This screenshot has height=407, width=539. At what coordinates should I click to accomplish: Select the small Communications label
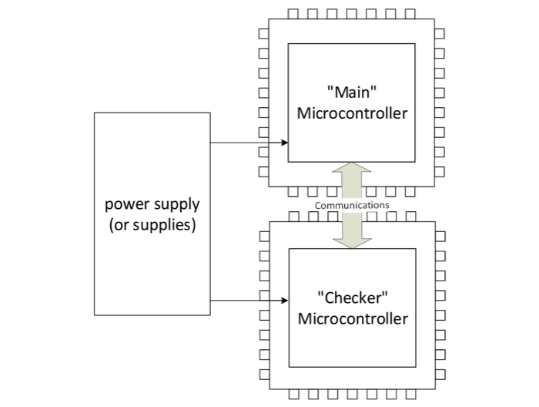(x=351, y=206)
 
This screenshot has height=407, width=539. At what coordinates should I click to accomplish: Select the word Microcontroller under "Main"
(x=351, y=113)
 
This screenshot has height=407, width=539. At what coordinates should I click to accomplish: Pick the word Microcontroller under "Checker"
(x=351, y=318)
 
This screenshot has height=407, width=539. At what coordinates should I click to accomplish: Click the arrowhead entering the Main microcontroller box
(x=284, y=143)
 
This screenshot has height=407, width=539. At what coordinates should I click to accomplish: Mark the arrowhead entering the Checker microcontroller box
(x=284, y=301)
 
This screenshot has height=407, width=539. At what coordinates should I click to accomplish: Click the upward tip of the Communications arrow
(x=351, y=163)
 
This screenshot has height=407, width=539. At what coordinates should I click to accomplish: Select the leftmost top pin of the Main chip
(x=292, y=14)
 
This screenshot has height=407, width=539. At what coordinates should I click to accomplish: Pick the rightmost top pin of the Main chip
(x=410, y=14)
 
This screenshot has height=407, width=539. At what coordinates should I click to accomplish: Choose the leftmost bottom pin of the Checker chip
(x=292, y=395)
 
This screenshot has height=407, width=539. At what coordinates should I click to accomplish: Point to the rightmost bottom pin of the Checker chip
(x=410, y=395)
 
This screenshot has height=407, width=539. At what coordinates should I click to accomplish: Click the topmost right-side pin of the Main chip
(x=440, y=34)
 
